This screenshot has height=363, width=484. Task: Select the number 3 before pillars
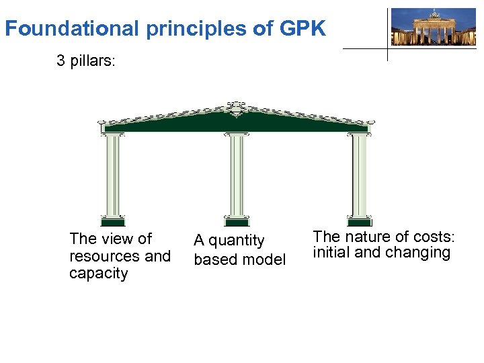[x=61, y=61]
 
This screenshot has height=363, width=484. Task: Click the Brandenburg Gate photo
[x=433, y=27]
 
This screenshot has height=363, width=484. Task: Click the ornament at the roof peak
[x=237, y=107]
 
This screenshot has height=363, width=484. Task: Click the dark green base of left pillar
[x=112, y=220]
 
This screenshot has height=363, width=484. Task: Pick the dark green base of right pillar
[x=360, y=220]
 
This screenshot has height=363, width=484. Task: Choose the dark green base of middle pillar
[x=237, y=220]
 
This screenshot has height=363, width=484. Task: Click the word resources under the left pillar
[x=105, y=256]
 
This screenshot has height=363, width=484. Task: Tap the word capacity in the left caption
[x=98, y=274]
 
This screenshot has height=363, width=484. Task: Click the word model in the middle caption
[x=266, y=259]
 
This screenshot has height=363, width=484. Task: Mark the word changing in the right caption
[x=423, y=253]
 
